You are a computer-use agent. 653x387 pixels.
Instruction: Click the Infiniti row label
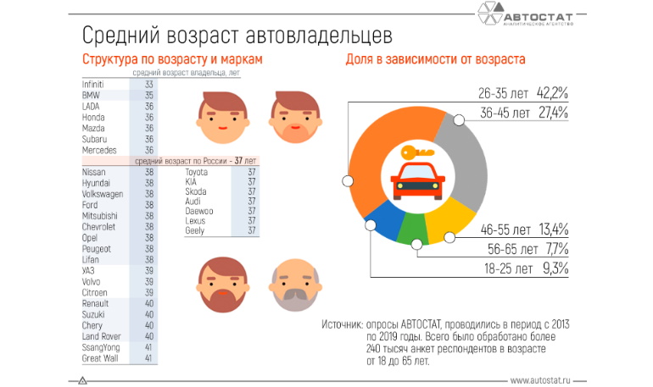pos(93,86)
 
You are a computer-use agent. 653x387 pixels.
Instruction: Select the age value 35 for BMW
pos(149,97)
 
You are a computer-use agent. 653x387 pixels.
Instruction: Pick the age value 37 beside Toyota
pos(251,172)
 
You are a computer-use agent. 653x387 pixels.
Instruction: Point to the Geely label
pos(195,230)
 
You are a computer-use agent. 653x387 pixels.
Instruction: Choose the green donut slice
pos(412,229)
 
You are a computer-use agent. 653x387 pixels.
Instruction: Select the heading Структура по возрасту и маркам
pos(172,60)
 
